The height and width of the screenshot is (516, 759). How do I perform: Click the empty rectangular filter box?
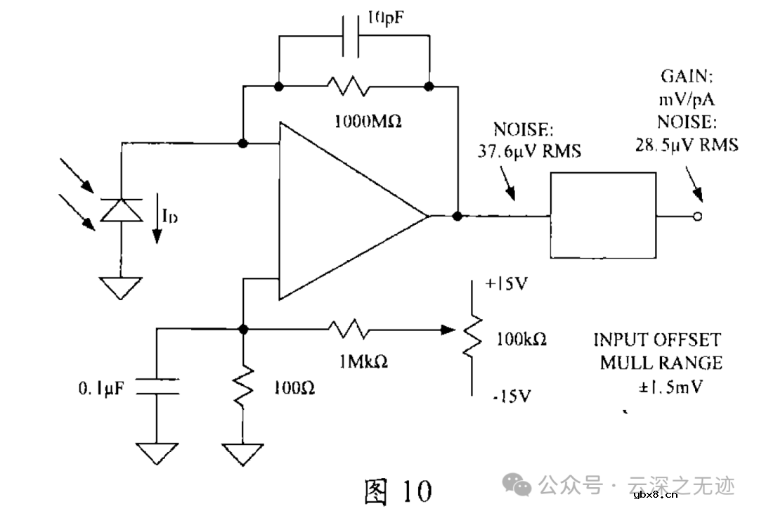coord(602,217)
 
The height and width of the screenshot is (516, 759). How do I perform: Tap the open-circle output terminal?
coord(697,217)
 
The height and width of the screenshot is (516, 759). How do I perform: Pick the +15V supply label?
coord(506,284)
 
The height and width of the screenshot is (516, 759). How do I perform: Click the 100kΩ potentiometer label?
coord(521,339)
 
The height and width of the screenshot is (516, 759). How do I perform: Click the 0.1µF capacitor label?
coord(100,387)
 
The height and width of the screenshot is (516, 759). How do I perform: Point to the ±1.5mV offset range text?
coord(661,386)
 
